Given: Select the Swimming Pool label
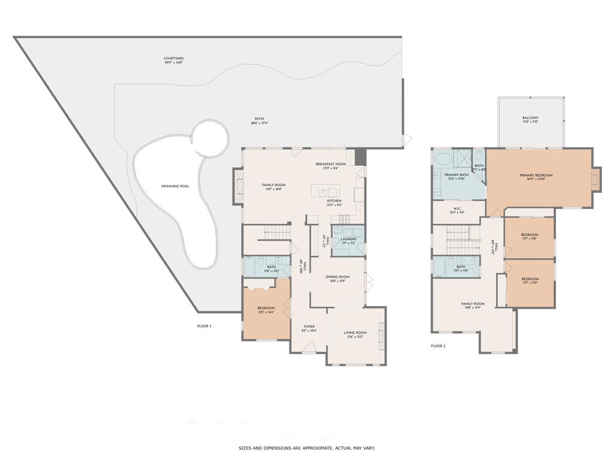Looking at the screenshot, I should pyautogui.click(x=175, y=186).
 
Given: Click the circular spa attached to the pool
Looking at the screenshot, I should pyautogui.click(x=209, y=138).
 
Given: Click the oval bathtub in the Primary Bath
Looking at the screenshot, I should pyautogui.click(x=444, y=159).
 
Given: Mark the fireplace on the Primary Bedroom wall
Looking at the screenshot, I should pyautogui.click(x=595, y=178).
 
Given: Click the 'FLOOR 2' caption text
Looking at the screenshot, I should pyautogui.click(x=438, y=346).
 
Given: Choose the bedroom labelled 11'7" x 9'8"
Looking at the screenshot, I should pyautogui.click(x=529, y=237).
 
